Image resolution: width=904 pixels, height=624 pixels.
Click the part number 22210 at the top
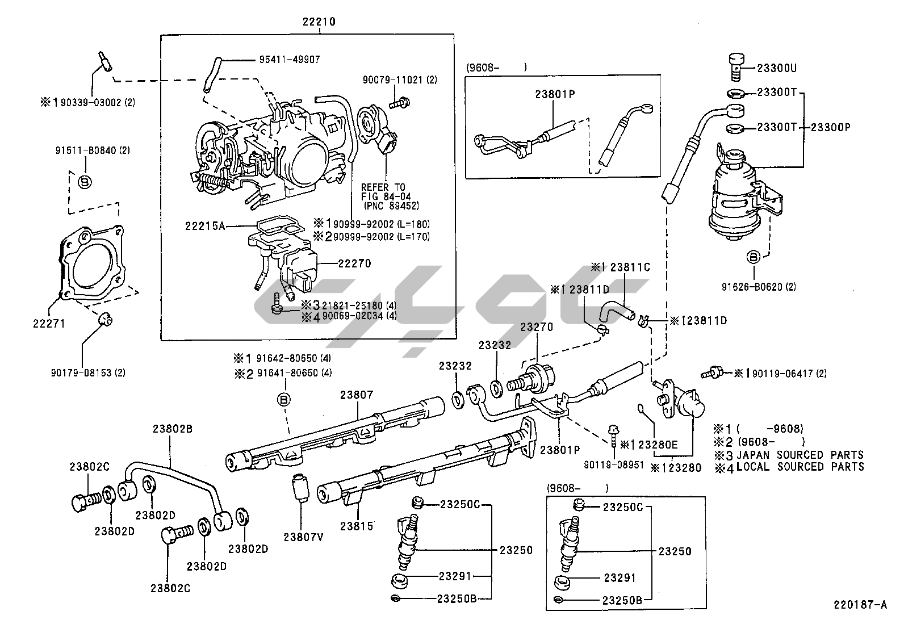[x=319, y=22]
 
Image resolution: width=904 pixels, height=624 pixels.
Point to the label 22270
[x=354, y=263]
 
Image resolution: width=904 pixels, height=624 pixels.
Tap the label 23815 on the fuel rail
[x=357, y=526]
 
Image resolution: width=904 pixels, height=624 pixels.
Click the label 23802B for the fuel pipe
[x=172, y=429]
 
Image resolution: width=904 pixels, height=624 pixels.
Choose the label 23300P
[x=830, y=127]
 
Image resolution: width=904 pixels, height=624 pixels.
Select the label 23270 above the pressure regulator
[x=537, y=327]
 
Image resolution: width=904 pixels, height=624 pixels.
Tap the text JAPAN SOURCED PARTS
[x=800, y=455]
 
